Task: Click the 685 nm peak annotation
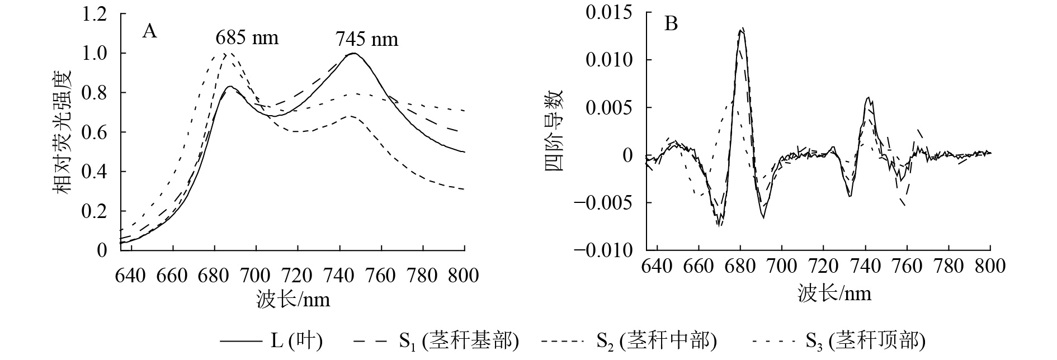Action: [x=247, y=38]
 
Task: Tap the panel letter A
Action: [x=149, y=31]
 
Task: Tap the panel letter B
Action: [x=671, y=24]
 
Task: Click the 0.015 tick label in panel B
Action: [x=610, y=12]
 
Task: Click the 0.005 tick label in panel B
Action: [x=610, y=107]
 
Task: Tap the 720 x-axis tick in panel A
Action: [x=297, y=275]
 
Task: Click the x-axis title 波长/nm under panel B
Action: [x=834, y=292]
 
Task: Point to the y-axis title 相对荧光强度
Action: [x=63, y=132]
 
